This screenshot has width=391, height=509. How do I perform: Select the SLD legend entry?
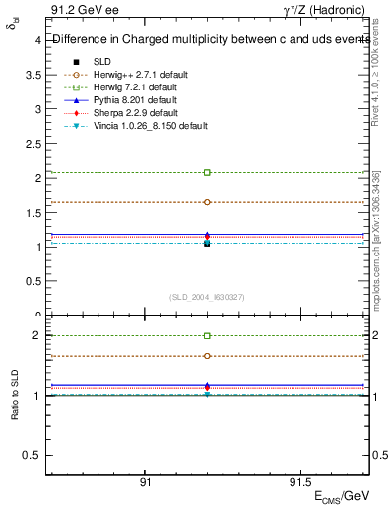tap(101, 61)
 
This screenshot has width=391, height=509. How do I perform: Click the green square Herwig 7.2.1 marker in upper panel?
tap(207, 173)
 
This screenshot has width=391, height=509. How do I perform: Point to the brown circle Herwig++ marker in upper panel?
tap(207, 202)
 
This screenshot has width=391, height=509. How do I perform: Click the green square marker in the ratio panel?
tap(207, 336)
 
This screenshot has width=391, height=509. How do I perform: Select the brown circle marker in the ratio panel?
tap(207, 356)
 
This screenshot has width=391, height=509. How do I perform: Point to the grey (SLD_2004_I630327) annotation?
tap(207, 297)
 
